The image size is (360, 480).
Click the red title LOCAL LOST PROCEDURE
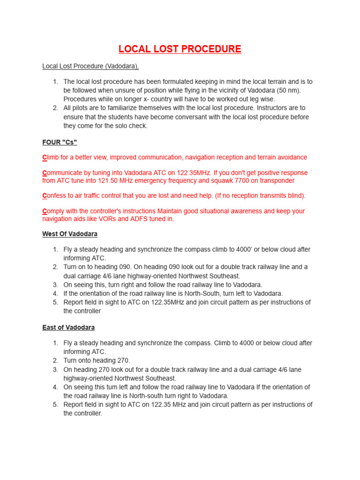point(180,49)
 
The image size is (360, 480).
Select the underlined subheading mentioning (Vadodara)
point(90,66)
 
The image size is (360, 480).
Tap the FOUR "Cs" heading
point(60,142)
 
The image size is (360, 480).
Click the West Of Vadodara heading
point(70,233)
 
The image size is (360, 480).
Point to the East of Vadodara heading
point(68,327)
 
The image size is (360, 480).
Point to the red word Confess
point(55,195)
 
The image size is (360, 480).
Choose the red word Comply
point(54,211)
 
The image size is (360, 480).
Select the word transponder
point(277,180)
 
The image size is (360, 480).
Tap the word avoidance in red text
point(290,157)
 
